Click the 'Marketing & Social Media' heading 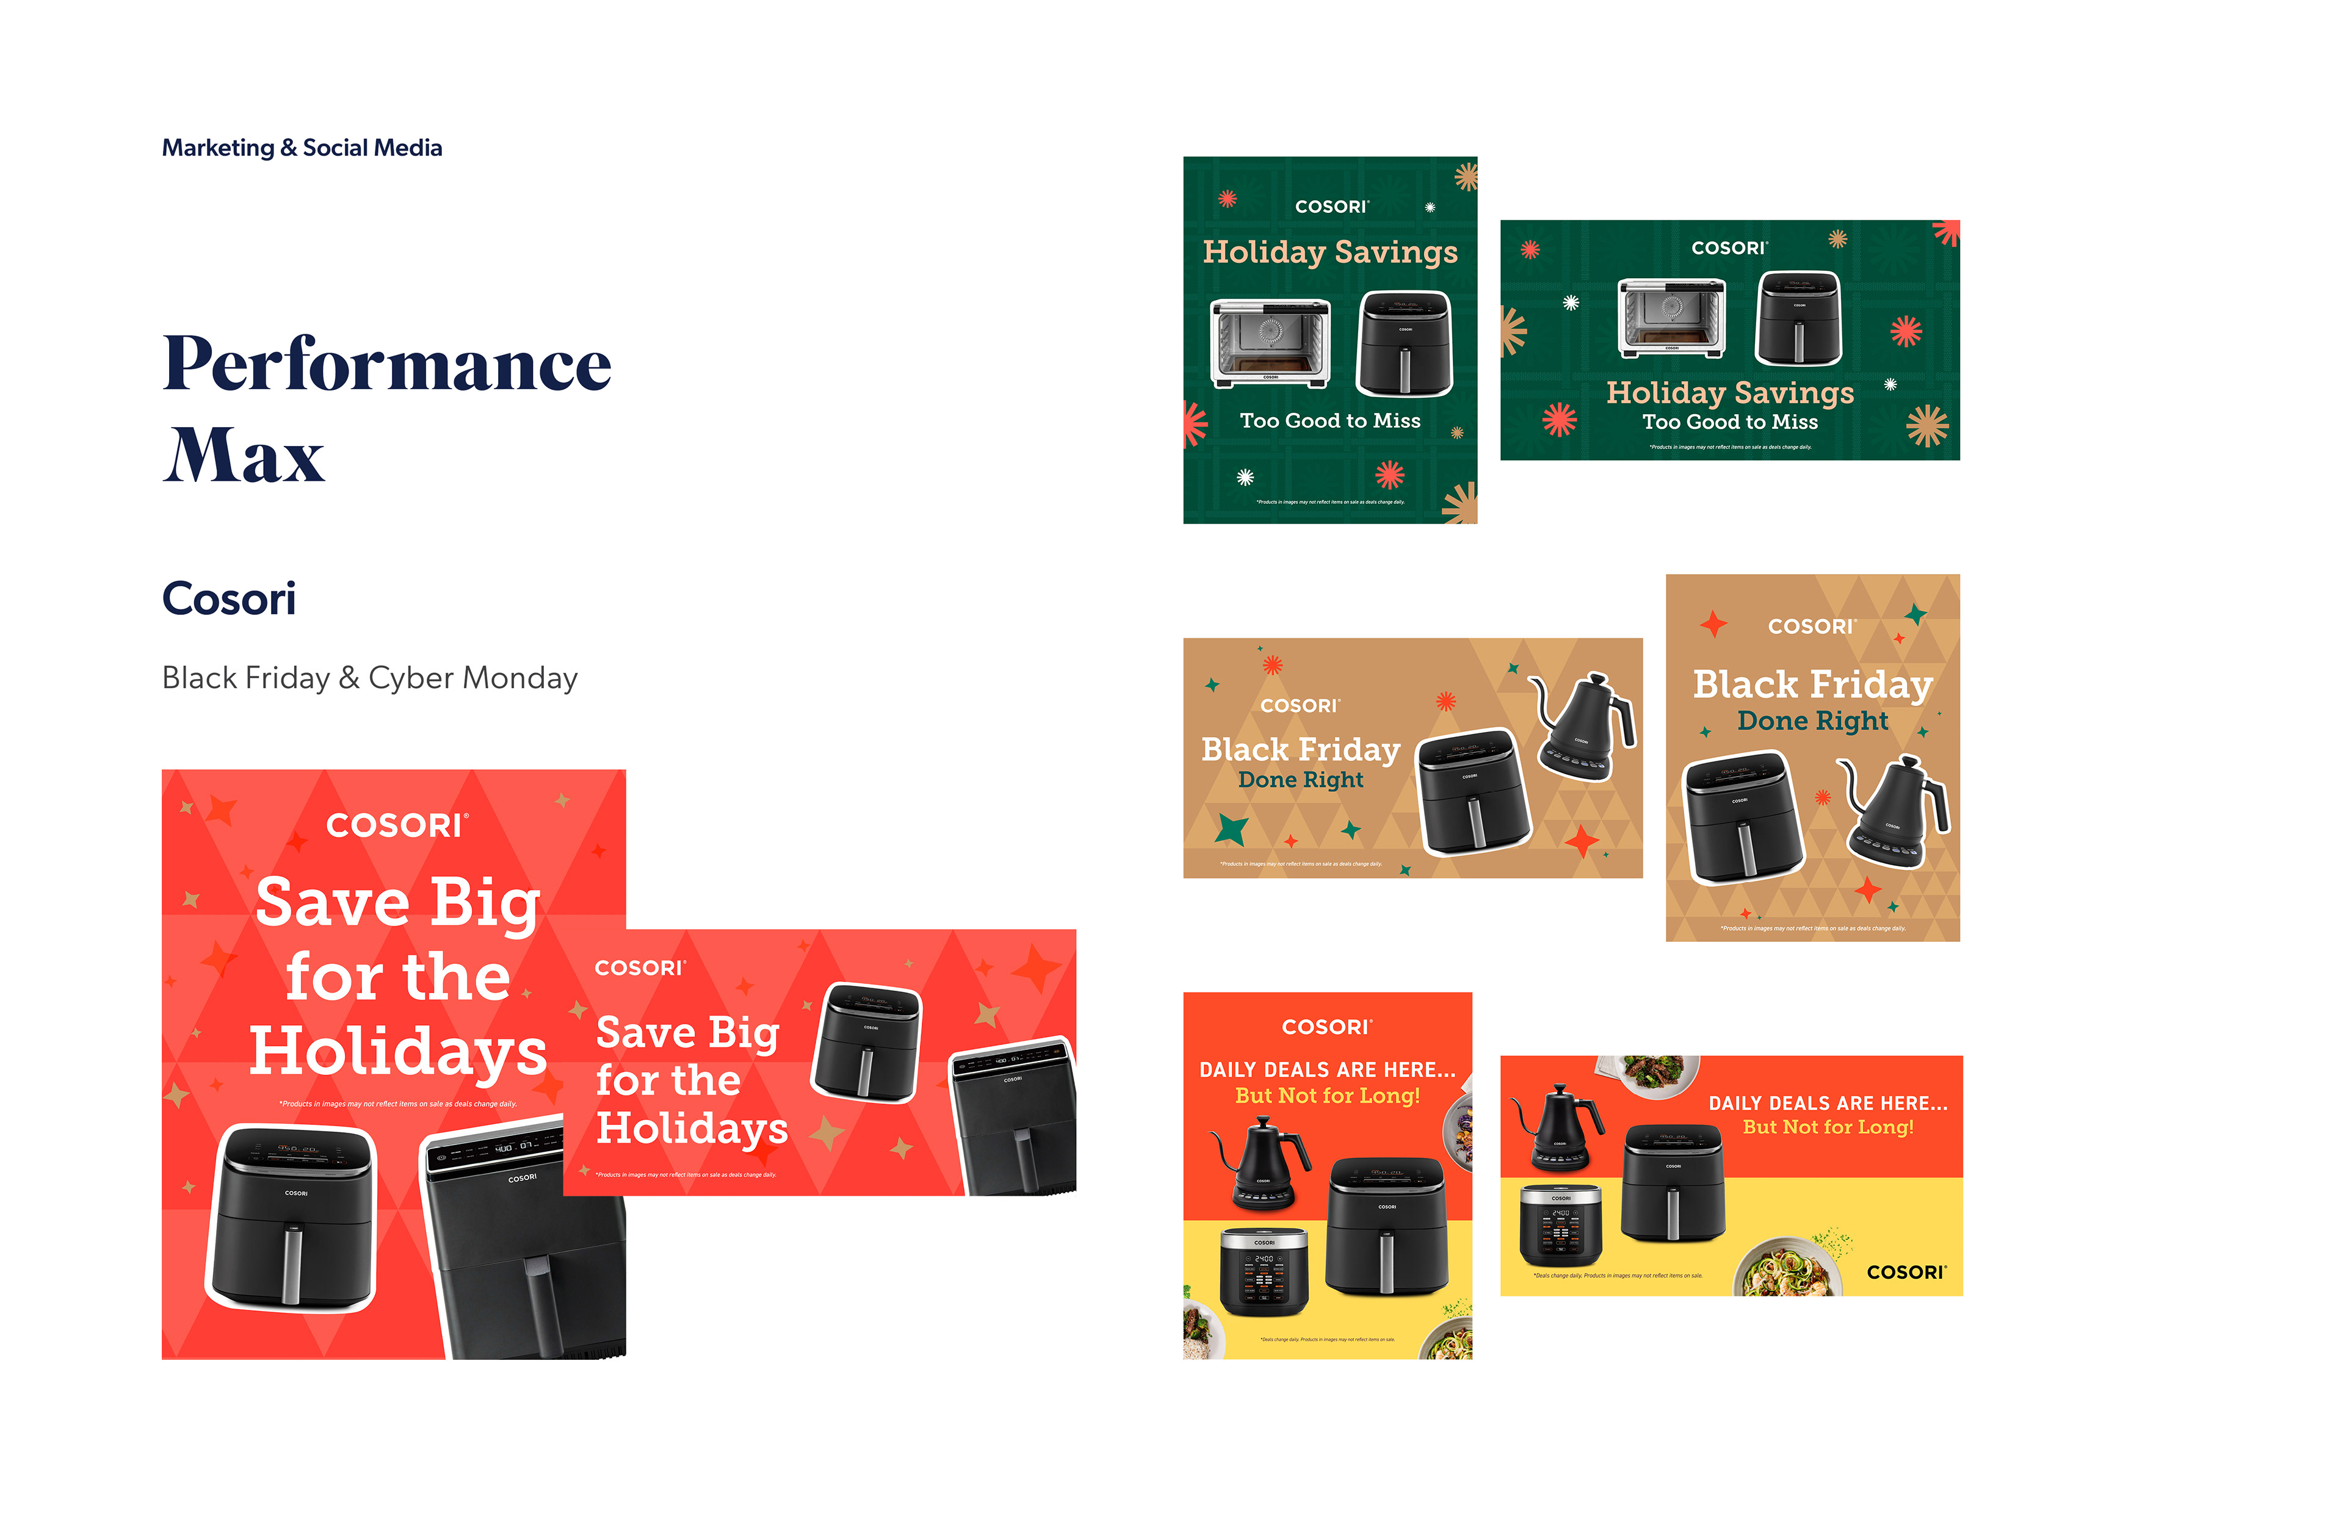[x=302, y=148]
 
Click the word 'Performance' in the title [x=387, y=364]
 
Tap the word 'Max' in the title [x=244, y=455]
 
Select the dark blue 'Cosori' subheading [x=228, y=598]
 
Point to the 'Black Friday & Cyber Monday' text [x=369, y=678]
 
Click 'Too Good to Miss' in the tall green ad [x=1329, y=420]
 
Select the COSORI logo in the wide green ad [x=1729, y=248]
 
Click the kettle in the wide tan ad [x=1583, y=727]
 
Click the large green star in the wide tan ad [x=1231, y=829]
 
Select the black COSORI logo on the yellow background [x=1906, y=1272]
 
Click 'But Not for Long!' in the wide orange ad [x=1828, y=1127]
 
